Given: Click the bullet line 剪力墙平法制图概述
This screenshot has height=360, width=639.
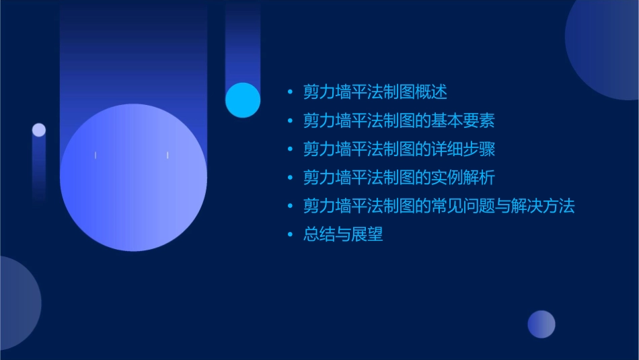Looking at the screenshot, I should click(x=375, y=92).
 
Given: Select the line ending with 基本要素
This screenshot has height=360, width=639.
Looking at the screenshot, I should click(x=399, y=121).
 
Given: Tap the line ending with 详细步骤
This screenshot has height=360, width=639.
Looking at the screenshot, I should click(x=399, y=149).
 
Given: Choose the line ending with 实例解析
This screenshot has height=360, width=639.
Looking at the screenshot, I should click(x=399, y=178).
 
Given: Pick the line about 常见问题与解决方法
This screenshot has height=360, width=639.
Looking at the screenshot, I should click(x=439, y=206).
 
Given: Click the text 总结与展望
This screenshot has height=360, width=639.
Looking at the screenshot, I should click(x=343, y=235).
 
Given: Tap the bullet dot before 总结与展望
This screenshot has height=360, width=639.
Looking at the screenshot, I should click(x=290, y=235).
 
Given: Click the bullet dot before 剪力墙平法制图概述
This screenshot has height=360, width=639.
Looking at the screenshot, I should click(x=290, y=92).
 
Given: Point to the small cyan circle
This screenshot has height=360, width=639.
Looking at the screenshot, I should click(x=243, y=100).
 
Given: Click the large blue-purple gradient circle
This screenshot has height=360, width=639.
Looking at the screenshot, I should click(x=133, y=178).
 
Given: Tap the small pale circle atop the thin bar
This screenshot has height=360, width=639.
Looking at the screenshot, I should click(x=39, y=130).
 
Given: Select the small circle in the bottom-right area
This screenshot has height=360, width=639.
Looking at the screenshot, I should click(x=541, y=324).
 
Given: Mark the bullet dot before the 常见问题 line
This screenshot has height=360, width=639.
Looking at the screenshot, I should click(x=290, y=206).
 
